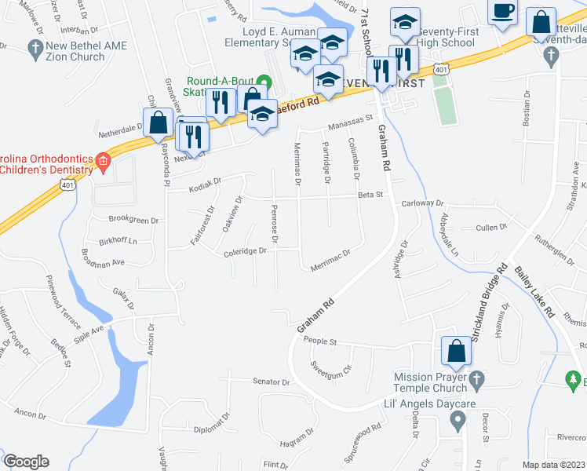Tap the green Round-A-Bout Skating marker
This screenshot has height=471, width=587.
(264, 81)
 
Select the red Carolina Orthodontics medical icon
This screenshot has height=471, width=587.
(101, 162)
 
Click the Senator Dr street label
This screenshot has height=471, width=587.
(272, 382)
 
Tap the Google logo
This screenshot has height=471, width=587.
(26, 462)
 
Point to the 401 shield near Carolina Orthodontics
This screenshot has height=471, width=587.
(64, 182)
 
